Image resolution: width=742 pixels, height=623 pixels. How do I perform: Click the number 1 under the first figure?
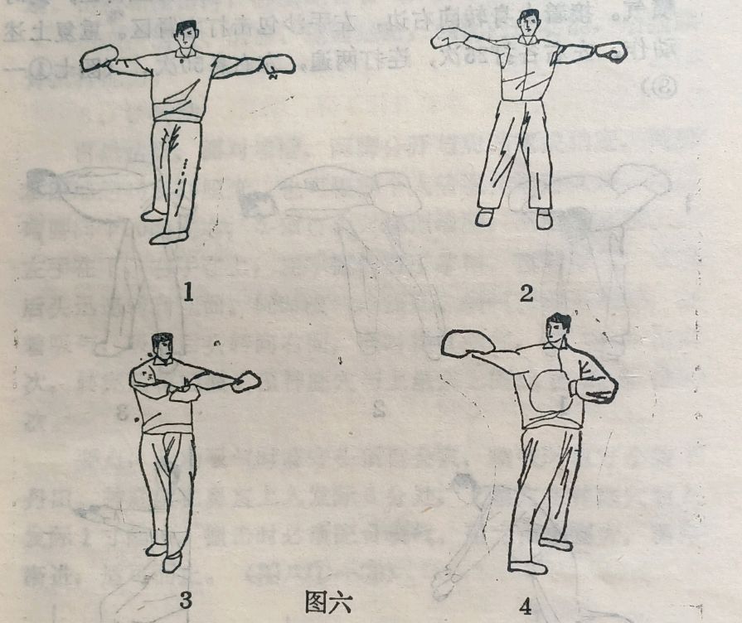tap(189, 292)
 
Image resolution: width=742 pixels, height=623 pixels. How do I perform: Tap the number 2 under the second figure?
tap(526, 293)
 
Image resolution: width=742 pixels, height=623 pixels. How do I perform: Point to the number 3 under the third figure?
tap(185, 600)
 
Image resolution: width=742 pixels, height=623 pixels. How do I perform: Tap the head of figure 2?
tap(528, 22)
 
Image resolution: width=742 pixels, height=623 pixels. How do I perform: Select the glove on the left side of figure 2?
tap(449, 37)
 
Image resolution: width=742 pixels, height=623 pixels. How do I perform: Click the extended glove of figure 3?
tap(246, 382)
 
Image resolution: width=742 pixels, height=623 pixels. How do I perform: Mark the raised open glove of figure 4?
tap(468, 343)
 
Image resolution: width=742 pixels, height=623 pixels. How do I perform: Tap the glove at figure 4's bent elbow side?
tap(592, 390)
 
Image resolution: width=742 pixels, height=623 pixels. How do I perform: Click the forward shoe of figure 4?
tap(527, 567)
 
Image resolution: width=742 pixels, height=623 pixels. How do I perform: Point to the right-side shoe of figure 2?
tap(544, 219)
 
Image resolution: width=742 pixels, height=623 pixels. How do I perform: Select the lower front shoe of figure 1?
tap(168, 238)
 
